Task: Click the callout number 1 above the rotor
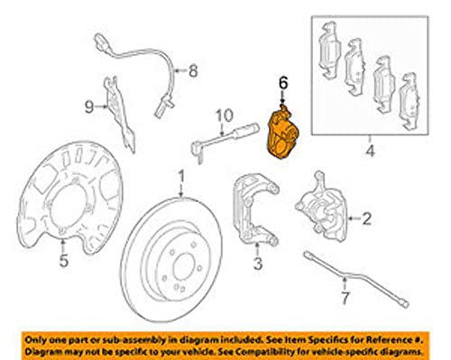tap(181, 177)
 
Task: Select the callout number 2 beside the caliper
tap(366, 218)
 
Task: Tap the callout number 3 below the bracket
tap(258, 263)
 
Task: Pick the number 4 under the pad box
tap(371, 151)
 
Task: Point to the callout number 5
tap(63, 261)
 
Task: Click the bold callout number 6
tap(283, 83)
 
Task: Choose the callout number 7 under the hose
tap(345, 298)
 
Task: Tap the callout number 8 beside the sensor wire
tap(193, 71)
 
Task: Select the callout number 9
tap(89, 106)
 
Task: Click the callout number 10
tap(225, 115)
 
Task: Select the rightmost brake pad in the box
tap(409, 102)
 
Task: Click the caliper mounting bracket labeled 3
tap(255, 208)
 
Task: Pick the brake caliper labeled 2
tap(322, 208)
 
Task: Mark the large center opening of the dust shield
tap(69, 208)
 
